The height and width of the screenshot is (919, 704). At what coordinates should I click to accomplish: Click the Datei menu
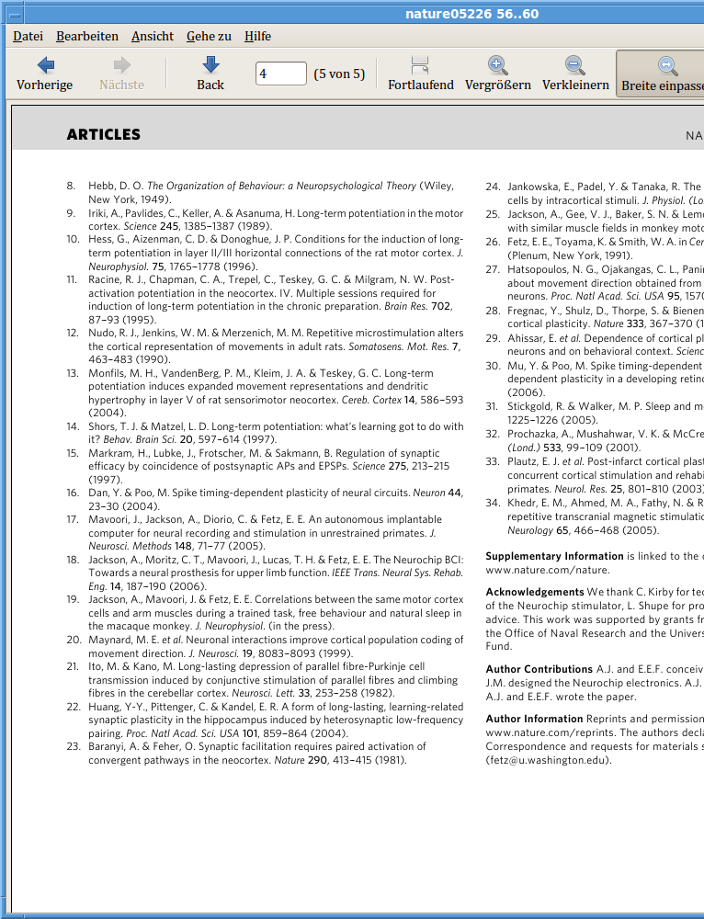click(28, 36)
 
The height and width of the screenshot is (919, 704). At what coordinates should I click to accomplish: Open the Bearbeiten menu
click(87, 36)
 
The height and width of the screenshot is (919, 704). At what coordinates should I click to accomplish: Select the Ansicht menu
click(153, 36)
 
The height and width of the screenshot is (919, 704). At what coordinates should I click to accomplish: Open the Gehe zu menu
click(209, 36)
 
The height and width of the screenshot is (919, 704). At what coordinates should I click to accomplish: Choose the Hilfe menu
click(257, 36)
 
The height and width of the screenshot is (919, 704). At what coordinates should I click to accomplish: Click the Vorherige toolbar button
click(44, 74)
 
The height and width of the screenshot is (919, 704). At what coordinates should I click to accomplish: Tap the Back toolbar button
click(210, 74)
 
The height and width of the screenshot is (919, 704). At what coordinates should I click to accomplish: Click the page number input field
click(281, 74)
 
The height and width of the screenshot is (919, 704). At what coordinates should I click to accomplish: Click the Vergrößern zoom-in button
click(497, 74)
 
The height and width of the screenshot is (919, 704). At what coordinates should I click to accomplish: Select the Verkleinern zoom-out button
click(575, 74)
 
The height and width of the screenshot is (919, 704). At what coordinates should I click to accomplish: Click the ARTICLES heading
click(104, 135)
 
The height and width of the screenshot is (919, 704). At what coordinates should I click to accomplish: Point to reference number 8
click(71, 186)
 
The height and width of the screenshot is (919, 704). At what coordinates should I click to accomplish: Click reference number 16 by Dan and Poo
click(72, 494)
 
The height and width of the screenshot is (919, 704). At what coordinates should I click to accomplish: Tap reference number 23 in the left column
click(73, 747)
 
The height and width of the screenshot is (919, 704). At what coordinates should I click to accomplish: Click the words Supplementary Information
click(554, 556)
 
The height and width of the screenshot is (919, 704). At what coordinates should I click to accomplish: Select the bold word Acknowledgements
click(534, 592)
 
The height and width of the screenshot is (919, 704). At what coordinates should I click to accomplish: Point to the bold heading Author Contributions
click(539, 669)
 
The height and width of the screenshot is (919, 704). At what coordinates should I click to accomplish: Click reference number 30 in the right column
click(492, 366)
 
